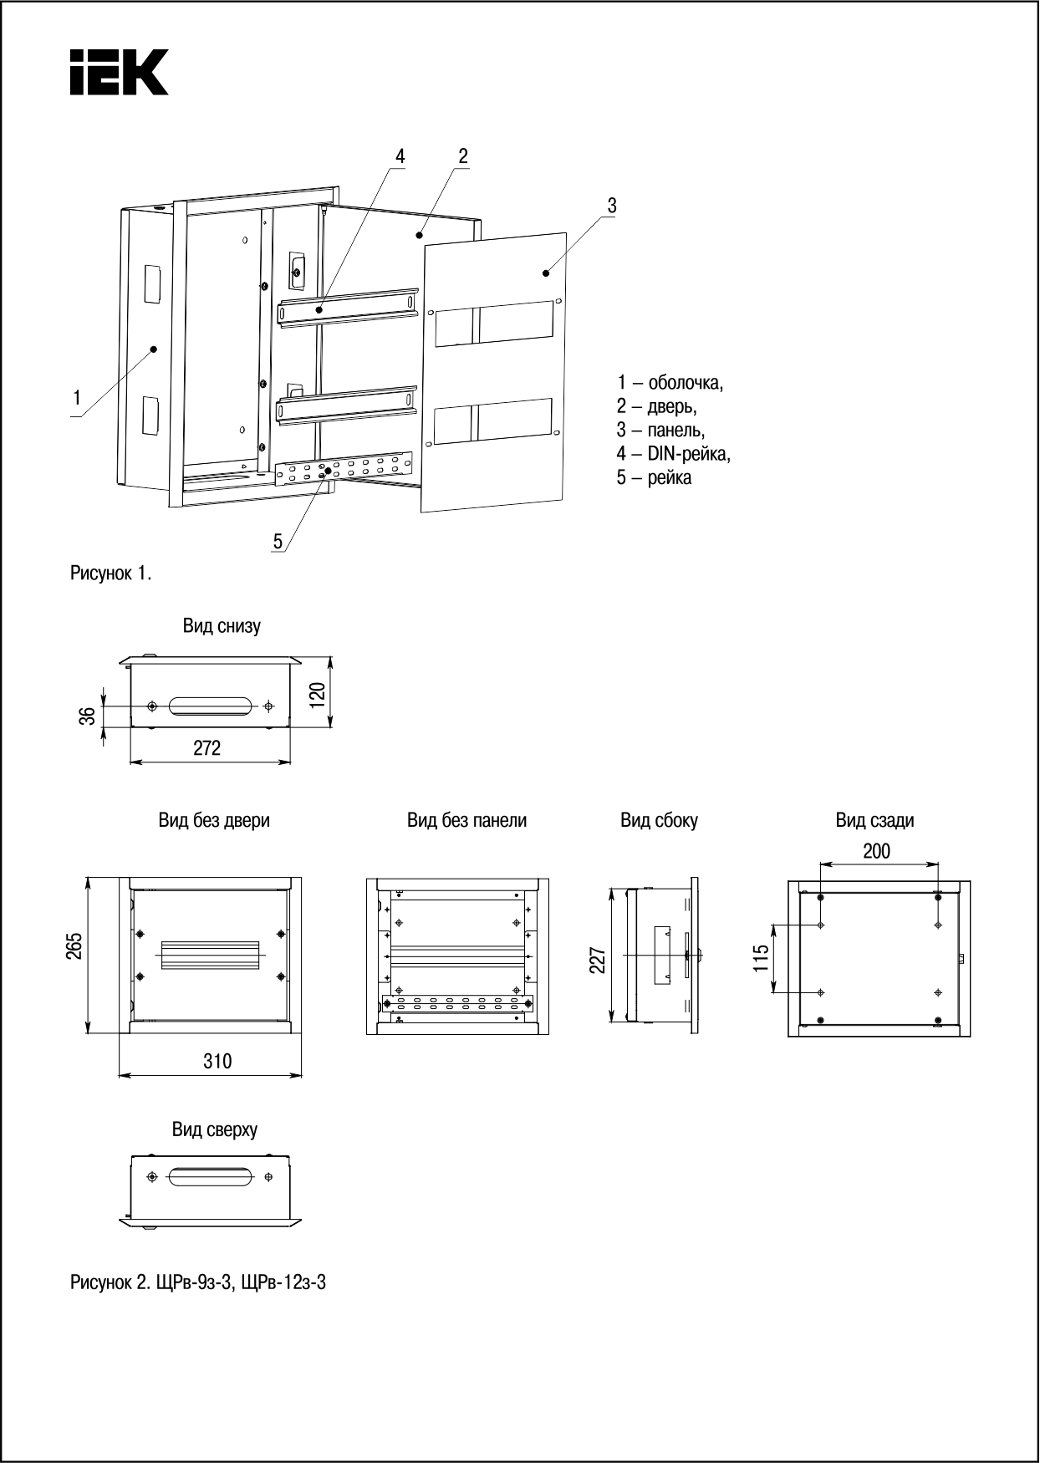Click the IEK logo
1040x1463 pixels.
120,72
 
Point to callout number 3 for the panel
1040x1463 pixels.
612,205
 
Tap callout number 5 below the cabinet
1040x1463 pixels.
278,541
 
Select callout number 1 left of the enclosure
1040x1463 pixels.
77,398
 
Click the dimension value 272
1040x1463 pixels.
207,748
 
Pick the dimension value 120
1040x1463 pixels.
317,693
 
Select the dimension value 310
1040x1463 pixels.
217,1061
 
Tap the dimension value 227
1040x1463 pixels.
597,960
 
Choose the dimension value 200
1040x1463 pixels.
876,851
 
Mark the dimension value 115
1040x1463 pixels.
760,958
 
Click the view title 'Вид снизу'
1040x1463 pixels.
222,626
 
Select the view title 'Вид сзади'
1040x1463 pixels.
874,820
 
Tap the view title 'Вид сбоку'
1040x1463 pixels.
659,820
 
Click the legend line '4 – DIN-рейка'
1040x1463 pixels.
674,454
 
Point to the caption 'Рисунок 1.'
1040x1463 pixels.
111,573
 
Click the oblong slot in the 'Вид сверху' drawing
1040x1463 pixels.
209,1177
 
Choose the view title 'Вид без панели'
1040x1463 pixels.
466,820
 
